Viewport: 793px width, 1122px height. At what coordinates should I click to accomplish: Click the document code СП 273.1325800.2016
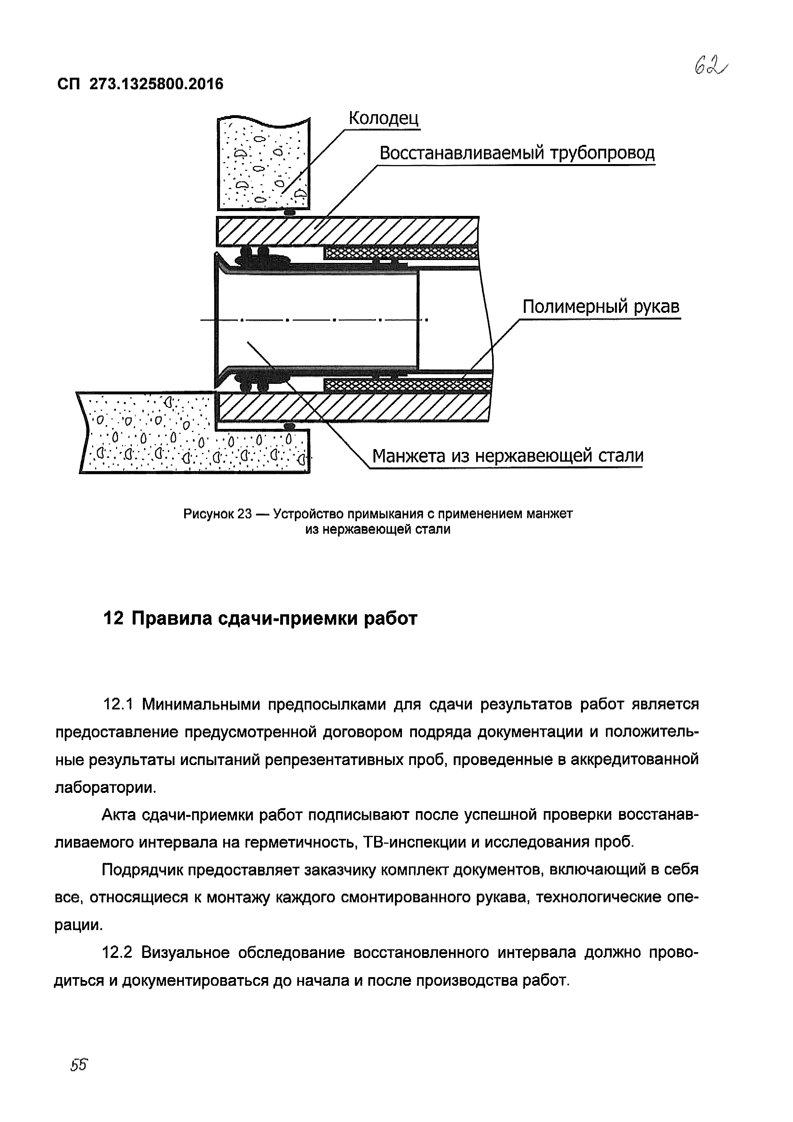click(140, 84)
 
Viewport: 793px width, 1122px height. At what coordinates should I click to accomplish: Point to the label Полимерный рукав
click(601, 307)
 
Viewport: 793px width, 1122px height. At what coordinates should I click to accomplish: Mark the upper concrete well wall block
click(263, 164)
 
